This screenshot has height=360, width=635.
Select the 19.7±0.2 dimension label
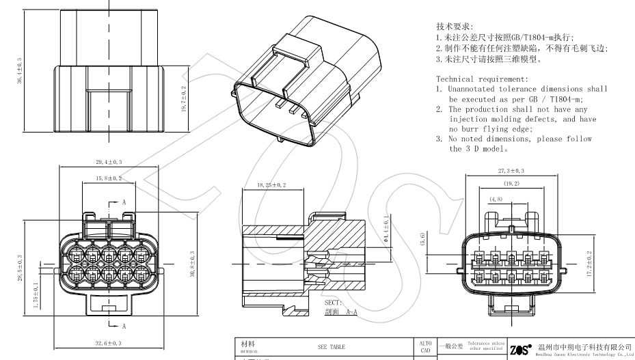pyautogui.click(x=184, y=100)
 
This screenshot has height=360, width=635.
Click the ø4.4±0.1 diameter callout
pyautogui.click(x=386, y=230)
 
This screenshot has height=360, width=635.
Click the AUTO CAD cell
pyautogui.click(x=425, y=346)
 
